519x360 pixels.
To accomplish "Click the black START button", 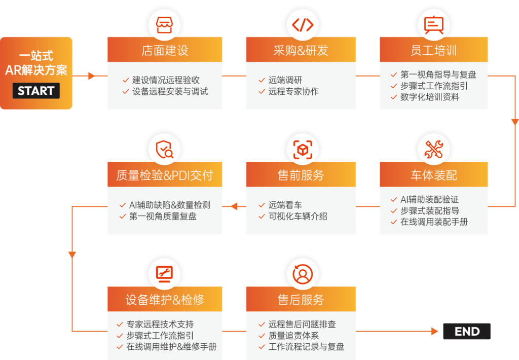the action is [36, 90].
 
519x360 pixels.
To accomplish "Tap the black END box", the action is [467, 331].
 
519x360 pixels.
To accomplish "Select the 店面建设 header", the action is [165, 50].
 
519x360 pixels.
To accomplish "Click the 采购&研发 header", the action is [301, 50].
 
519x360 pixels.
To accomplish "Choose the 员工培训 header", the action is [434, 50].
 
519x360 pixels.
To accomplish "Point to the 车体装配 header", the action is [434, 174].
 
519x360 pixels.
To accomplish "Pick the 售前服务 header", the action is [301, 174].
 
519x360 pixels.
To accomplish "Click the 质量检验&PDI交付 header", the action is [165, 174].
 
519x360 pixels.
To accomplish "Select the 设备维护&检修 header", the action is [165, 299].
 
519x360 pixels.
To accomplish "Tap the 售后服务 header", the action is [301, 299].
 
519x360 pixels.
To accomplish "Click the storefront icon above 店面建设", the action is [165, 25].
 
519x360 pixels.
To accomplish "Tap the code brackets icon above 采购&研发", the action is [303, 25].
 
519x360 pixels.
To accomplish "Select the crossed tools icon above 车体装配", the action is [434, 150].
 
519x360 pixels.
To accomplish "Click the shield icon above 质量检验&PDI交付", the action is [165, 150].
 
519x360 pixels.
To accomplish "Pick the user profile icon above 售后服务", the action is [303, 274].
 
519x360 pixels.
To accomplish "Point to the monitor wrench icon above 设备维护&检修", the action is [165, 274].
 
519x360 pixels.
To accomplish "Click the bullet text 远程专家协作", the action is [293, 91].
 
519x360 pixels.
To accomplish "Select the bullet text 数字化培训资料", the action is [430, 97].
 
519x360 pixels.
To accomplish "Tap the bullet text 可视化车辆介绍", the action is [298, 217].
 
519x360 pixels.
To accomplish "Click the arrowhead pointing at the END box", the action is [434, 331].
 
